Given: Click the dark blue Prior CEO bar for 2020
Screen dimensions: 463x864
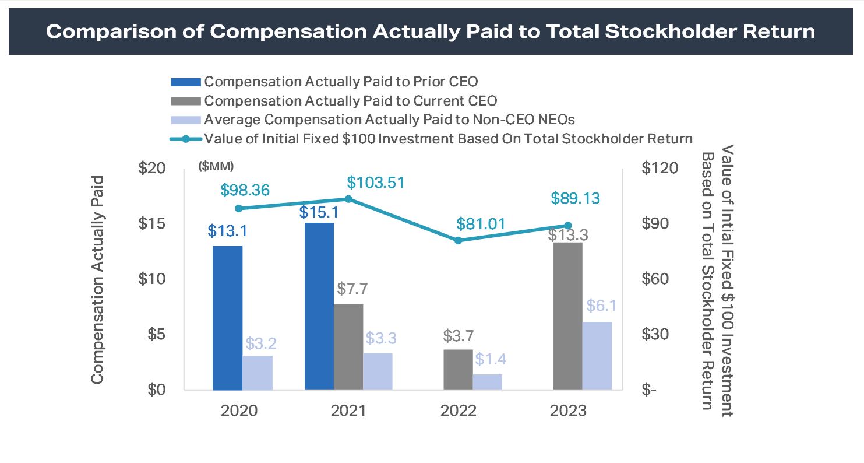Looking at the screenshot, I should tap(227, 318).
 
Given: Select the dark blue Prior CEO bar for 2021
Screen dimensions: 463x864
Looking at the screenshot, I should tap(319, 306).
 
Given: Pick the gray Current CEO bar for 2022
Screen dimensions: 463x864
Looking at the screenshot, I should tap(458, 370).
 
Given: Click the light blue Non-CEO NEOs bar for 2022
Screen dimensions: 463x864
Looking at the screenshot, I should tap(487, 382).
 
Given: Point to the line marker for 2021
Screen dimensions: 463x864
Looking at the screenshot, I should tap(348, 199).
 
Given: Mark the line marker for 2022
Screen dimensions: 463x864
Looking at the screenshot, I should tap(458, 240).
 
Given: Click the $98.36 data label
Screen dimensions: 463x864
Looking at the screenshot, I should tap(249, 190).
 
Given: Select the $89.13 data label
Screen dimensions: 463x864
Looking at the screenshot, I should tap(576, 198).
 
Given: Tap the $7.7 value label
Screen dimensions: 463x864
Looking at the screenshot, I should tap(352, 288).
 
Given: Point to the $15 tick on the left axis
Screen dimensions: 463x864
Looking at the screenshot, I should tap(152, 223).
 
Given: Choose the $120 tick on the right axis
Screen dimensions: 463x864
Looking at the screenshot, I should tap(660, 168).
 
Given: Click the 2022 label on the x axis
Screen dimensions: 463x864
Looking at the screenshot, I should tap(459, 411).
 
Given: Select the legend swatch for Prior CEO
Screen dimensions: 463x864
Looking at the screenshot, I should tap(185, 82).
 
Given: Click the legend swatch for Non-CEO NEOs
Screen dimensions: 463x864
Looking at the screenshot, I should tap(185, 120).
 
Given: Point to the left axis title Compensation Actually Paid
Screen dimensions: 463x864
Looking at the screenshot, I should tap(97, 279).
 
